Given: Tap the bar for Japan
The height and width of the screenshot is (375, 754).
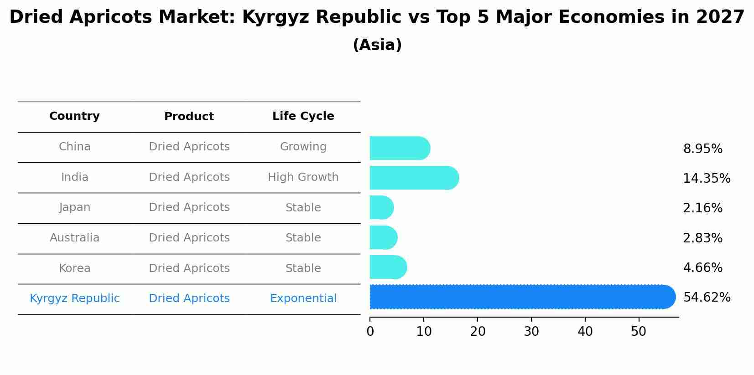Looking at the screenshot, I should click(x=381, y=208).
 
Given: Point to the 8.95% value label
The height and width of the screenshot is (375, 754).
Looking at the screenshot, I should click(x=702, y=149).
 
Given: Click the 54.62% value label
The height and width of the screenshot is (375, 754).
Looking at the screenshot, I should click(x=707, y=298).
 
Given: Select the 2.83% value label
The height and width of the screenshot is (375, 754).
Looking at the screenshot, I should click(x=702, y=238).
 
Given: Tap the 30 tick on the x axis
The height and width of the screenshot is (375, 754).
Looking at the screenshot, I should click(x=531, y=332).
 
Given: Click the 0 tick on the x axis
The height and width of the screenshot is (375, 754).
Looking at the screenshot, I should click(x=370, y=332).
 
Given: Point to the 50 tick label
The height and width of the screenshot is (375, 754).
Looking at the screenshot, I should click(x=639, y=332).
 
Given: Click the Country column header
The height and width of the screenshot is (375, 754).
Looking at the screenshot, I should click(x=74, y=116).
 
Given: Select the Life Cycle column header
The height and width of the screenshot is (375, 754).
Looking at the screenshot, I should click(x=303, y=116).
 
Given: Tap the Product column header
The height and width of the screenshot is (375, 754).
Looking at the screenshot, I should click(x=189, y=117).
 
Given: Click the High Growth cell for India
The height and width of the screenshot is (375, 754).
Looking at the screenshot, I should click(x=303, y=177).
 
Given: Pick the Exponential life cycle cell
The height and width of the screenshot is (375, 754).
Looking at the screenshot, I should click(x=303, y=298).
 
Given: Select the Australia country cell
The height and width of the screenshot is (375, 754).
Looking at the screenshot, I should click(x=74, y=238).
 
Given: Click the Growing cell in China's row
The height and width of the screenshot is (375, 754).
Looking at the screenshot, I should click(x=303, y=147).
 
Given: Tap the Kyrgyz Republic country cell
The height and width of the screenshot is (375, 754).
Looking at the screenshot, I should click(x=74, y=298).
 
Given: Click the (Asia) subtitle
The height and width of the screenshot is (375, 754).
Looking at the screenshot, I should click(x=377, y=45).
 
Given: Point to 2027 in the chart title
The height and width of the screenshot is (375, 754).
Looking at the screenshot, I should click(x=720, y=17).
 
